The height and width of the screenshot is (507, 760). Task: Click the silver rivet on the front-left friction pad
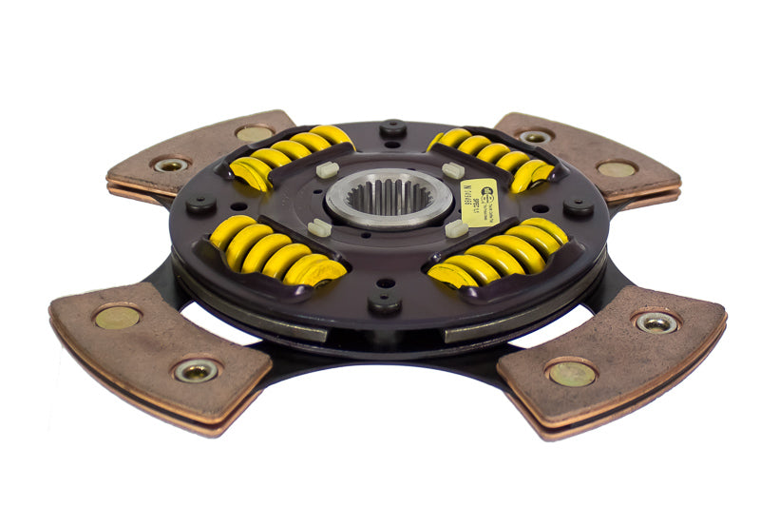coord(197,371)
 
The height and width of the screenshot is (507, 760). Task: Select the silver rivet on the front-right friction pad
coord(657,322)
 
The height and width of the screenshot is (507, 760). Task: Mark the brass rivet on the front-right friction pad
coord(572,373)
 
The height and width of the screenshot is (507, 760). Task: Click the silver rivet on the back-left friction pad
coord(171,165)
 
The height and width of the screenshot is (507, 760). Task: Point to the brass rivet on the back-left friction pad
coord(254,134)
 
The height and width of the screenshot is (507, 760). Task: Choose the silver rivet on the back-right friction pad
coord(535,136)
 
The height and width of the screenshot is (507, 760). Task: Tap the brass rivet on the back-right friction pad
coord(617,169)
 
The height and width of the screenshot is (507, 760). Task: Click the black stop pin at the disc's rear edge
coord(392,127)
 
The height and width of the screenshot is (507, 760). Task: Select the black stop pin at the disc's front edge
coord(384,302)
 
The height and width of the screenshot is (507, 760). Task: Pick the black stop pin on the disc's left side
coord(201,203)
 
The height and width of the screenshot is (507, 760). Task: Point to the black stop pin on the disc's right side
coord(579,206)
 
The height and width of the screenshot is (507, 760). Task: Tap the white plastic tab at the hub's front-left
coord(320,226)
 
